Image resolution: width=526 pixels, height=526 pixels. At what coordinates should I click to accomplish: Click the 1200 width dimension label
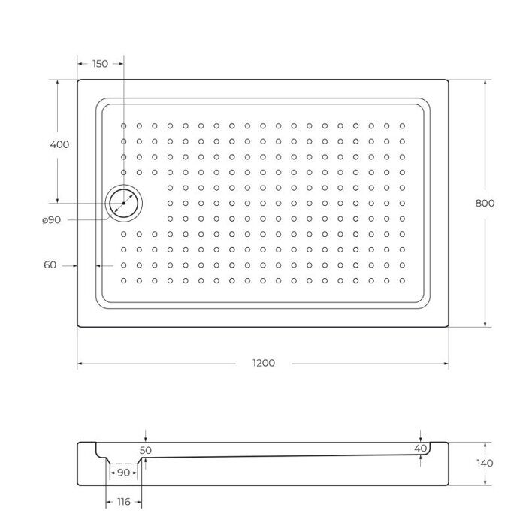point(264,363)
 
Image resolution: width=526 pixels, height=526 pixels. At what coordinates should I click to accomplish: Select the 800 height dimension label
point(485,203)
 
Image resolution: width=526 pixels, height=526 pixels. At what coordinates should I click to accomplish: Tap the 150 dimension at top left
point(99,64)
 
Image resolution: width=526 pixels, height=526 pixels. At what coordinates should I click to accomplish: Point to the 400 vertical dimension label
point(59,144)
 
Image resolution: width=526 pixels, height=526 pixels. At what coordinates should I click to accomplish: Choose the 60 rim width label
point(50,265)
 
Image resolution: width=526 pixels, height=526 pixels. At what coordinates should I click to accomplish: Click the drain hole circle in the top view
point(122,203)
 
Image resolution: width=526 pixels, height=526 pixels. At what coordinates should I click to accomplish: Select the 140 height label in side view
point(485,463)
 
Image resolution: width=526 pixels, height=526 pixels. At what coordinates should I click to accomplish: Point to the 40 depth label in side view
point(420,448)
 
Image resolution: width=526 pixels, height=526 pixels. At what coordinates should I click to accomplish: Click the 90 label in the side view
point(123,473)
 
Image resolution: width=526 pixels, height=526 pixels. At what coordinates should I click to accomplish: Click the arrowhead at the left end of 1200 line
point(80,364)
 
